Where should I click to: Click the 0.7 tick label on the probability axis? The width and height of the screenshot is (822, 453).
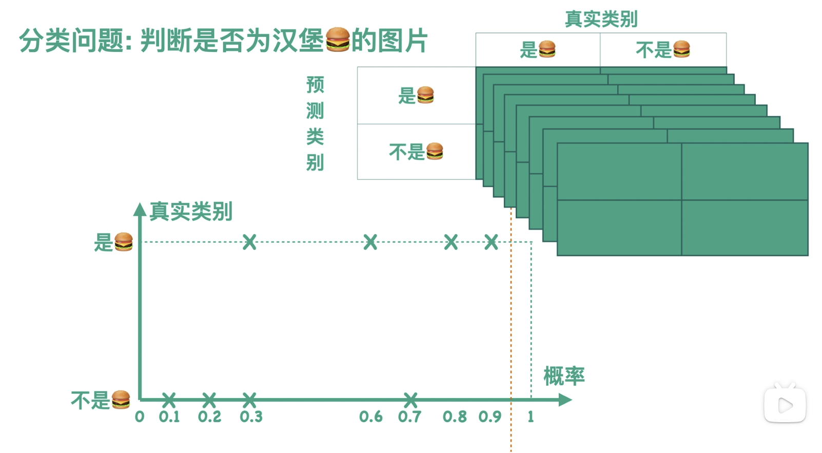pyautogui.click(x=409, y=417)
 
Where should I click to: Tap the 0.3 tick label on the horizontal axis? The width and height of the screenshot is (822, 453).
pyautogui.click(x=251, y=417)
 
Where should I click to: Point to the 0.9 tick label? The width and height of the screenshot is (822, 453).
pyautogui.click(x=490, y=417)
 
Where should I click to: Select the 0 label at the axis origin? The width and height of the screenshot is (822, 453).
pyautogui.click(x=140, y=417)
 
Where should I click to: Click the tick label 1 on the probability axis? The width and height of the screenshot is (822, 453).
pyautogui.click(x=531, y=417)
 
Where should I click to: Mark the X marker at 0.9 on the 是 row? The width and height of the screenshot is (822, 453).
pyautogui.click(x=491, y=242)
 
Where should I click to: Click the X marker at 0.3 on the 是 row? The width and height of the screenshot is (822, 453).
pyautogui.click(x=249, y=242)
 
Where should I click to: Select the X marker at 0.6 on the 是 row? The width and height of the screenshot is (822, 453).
pyautogui.click(x=370, y=242)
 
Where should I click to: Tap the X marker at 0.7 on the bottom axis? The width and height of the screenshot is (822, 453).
pyautogui.click(x=410, y=399)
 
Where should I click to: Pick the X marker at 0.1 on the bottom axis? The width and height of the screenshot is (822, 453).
pyautogui.click(x=169, y=399)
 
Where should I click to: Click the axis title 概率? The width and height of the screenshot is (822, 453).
pyautogui.click(x=564, y=376)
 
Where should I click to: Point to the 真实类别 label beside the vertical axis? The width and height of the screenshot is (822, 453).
pyautogui.click(x=191, y=211)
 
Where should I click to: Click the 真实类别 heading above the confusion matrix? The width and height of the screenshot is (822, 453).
pyautogui.click(x=601, y=19)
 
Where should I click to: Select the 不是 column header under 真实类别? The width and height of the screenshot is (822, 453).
pyautogui.click(x=662, y=50)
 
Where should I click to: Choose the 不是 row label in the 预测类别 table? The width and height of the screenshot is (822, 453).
pyautogui.click(x=416, y=152)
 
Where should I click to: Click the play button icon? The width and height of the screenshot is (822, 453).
pyautogui.click(x=785, y=405)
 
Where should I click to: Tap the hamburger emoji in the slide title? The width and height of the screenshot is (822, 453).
pyautogui.click(x=338, y=40)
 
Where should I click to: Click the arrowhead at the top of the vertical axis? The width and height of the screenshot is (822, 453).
pyautogui.click(x=140, y=209)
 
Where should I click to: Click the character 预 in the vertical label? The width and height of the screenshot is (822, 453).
pyautogui.click(x=315, y=85)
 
